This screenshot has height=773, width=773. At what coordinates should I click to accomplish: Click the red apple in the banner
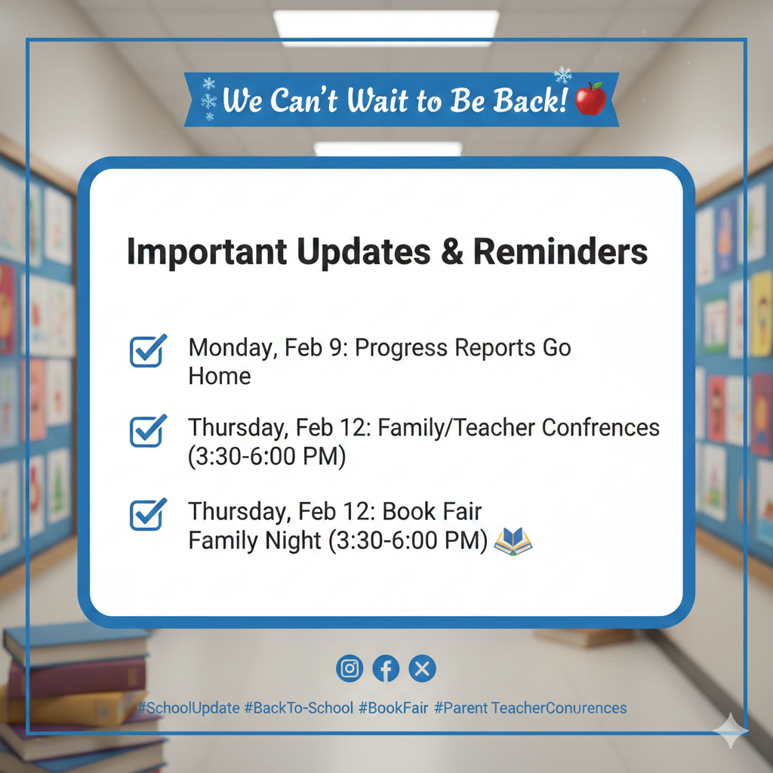tap(590, 99)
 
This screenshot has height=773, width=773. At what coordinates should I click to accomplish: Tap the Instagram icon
tap(350, 669)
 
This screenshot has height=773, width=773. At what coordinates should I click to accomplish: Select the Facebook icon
tap(386, 669)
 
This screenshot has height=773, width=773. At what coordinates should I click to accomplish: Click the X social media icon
tap(423, 669)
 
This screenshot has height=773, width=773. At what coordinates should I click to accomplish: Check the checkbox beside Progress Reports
tap(148, 350)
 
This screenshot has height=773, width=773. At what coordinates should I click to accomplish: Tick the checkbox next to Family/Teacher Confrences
tap(148, 430)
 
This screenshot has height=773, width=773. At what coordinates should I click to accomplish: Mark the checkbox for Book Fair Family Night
tap(148, 514)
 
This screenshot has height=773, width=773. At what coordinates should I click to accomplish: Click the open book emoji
tap(513, 541)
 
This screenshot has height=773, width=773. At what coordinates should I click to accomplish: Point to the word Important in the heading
tap(207, 252)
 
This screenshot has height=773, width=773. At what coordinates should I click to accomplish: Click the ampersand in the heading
tap(451, 251)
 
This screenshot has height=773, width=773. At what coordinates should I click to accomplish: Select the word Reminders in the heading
tap(561, 251)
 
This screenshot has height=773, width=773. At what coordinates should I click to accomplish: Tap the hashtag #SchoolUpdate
tap(188, 708)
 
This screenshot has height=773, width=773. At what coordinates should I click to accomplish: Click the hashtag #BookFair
tap(393, 708)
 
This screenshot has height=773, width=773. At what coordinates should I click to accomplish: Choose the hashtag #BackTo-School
tap(299, 708)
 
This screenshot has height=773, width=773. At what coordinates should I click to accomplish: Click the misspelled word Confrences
tap(600, 427)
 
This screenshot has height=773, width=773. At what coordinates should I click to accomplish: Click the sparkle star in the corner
tap(731, 731)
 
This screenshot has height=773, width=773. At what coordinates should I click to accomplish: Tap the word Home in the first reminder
tap(220, 376)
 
